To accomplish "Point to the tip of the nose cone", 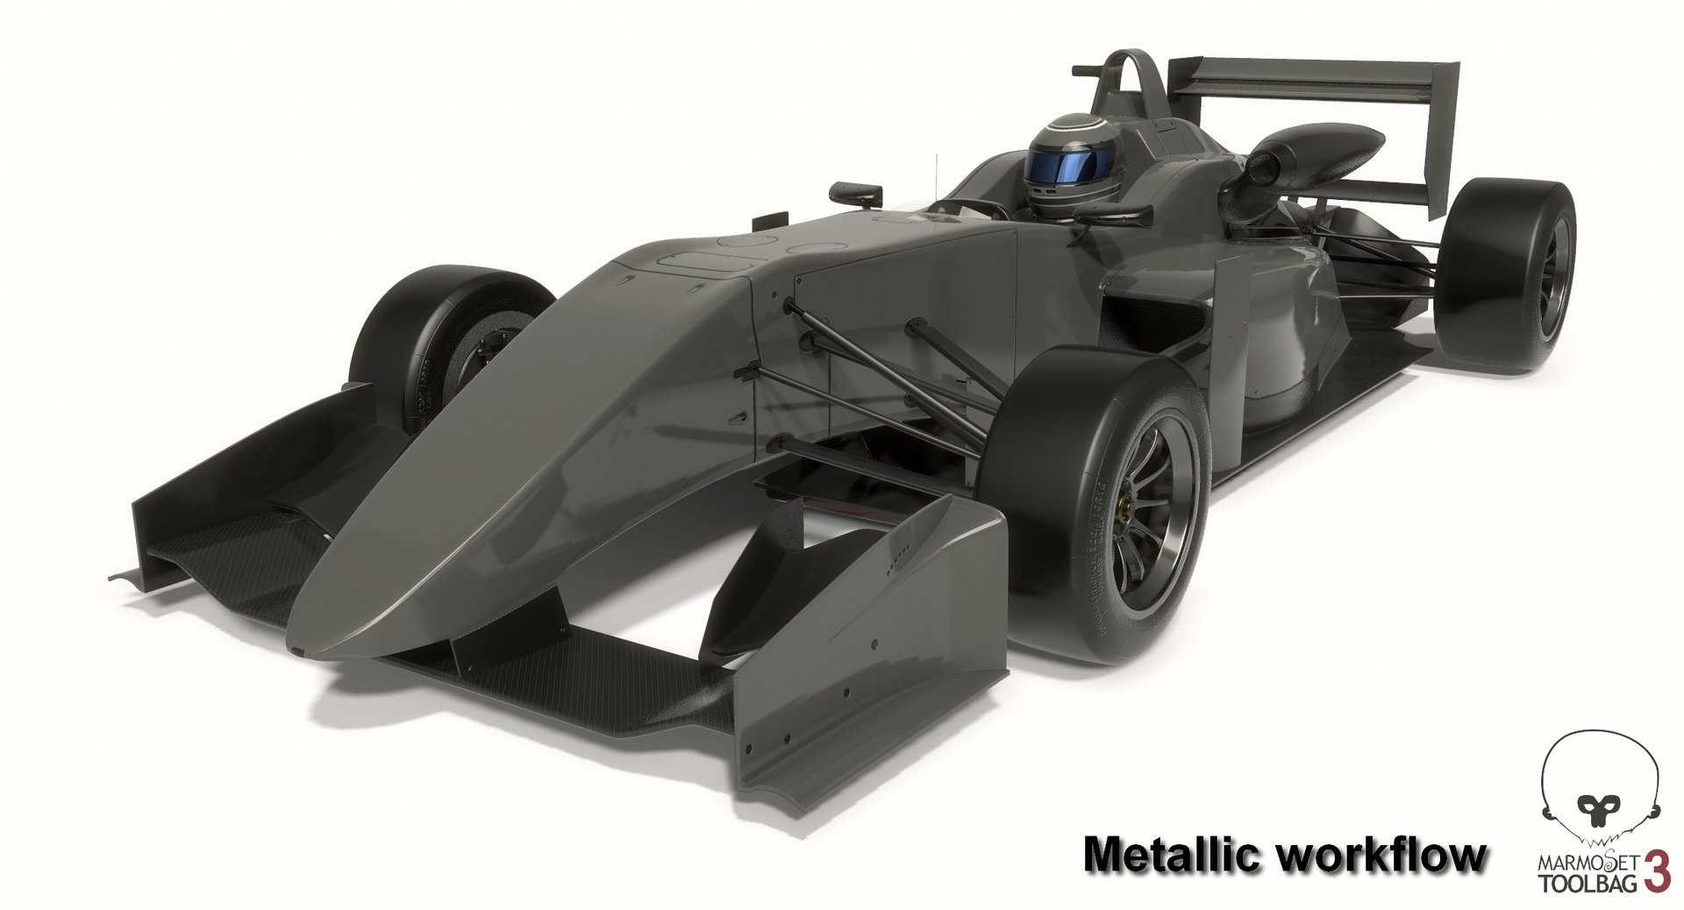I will [303, 649].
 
